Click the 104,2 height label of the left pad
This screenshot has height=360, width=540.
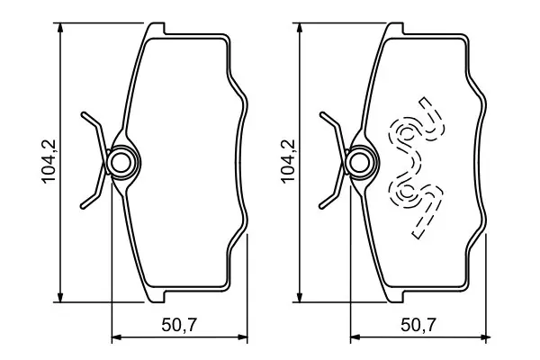coord(49,161)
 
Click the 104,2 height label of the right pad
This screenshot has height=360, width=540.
coord(288,161)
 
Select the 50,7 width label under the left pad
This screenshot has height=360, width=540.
coord(179,325)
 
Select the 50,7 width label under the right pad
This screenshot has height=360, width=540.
coord(418,325)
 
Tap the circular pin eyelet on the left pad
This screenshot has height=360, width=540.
coord(121,163)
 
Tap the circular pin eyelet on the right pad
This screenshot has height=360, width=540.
coord(361,163)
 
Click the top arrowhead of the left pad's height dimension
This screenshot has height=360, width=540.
coord(61,28)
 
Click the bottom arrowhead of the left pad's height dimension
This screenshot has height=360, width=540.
coord(61,297)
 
